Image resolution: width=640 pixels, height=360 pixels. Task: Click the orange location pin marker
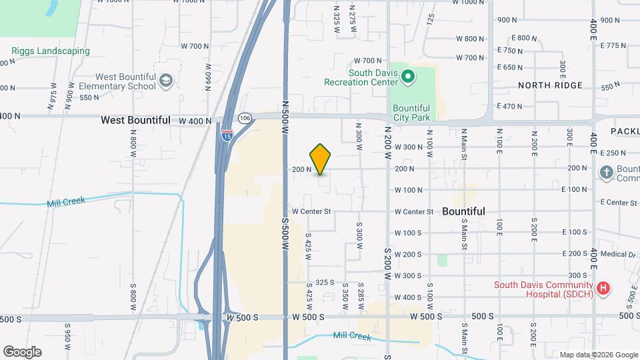[321, 158]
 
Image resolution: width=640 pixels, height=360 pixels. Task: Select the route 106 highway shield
[245, 118]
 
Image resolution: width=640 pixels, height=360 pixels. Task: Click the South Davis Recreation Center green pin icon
[409, 78]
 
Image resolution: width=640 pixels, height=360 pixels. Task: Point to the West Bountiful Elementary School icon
[165, 81]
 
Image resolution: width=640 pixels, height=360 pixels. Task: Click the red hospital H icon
[603, 288]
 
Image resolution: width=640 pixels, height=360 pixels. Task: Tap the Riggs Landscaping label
[51, 51]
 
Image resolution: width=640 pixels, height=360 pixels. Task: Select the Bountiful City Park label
[411, 113]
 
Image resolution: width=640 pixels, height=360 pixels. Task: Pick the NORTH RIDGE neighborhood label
[550, 85]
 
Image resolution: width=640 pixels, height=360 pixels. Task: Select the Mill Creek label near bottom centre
[351, 337]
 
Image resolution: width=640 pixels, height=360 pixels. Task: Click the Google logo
[22, 351]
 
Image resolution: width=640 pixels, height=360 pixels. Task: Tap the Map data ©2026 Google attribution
[598, 355]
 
